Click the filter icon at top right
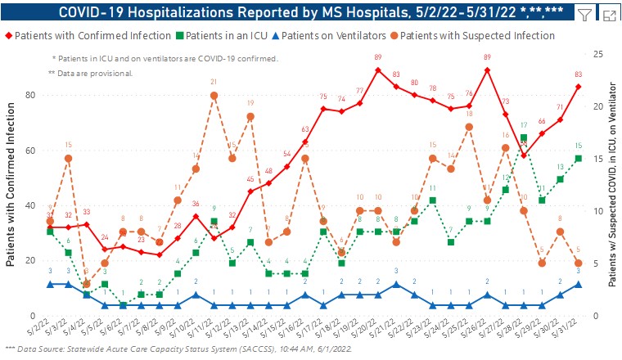(x=584, y=15)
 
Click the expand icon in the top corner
(x=609, y=15)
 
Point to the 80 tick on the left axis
(x=30, y=95)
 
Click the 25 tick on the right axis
(x=599, y=54)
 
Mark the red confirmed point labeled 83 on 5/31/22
(x=578, y=87)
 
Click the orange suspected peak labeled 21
(x=214, y=95)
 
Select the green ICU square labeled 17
(x=523, y=137)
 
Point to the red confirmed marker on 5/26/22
(x=487, y=70)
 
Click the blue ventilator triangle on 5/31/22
(x=578, y=284)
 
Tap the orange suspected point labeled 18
(x=469, y=127)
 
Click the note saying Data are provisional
(x=91, y=74)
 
